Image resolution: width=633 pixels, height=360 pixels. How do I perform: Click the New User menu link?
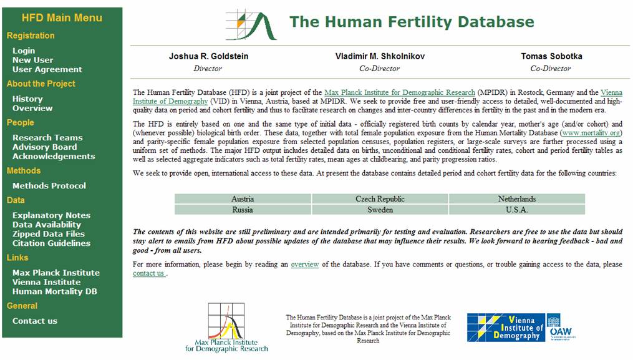click(32, 60)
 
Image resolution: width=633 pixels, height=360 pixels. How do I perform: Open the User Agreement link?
click(47, 69)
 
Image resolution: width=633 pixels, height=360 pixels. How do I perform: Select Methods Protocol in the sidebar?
click(49, 185)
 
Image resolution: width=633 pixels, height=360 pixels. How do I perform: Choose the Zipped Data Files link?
click(49, 234)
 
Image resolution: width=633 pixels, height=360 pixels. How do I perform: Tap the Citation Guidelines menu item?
click(51, 243)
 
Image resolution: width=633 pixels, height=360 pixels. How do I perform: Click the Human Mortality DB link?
click(55, 291)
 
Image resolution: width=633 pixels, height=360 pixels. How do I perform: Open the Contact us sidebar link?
click(35, 321)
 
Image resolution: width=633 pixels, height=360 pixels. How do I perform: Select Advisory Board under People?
click(44, 147)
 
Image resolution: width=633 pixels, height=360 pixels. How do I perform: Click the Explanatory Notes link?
click(51, 215)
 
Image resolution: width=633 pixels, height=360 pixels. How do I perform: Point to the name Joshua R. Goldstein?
click(208, 56)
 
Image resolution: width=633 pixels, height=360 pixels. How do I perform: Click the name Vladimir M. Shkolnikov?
click(380, 56)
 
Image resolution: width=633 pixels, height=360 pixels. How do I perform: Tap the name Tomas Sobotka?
click(551, 56)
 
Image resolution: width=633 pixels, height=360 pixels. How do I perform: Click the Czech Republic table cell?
click(380, 199)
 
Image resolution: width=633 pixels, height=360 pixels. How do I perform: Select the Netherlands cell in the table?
click(516, 199)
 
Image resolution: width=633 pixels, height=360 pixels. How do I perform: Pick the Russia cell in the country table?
click(243, 210)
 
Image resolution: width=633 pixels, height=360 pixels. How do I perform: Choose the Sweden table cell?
click(380, 210)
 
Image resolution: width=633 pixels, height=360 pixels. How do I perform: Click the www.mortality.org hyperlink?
click(591, 133)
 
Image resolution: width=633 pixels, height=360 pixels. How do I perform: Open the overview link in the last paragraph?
click(304, 265)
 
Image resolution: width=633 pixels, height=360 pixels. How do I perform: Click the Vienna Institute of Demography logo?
click(521, 328)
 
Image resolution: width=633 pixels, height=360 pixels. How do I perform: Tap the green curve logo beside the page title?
click(251, 25)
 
